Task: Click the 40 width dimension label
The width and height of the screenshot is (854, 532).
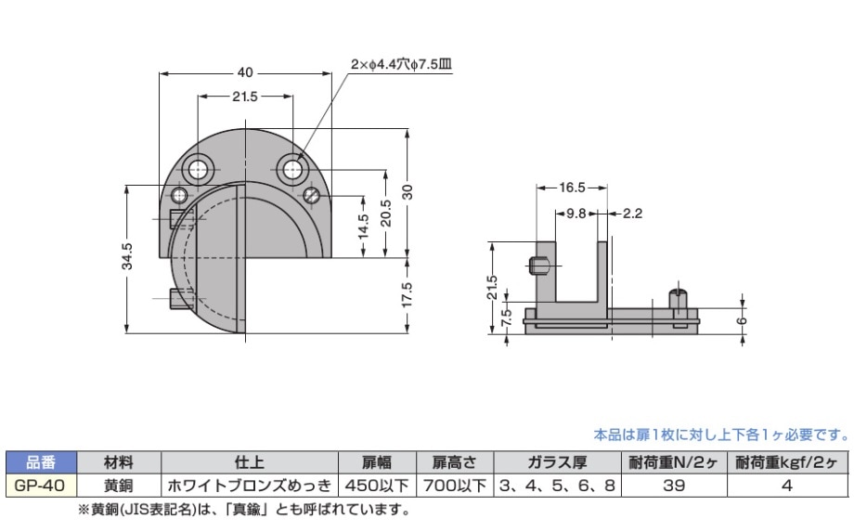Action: [245, 72]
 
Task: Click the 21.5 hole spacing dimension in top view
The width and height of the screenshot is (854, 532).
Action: [245, 96]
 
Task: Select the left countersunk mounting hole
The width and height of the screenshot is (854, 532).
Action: [199, 169]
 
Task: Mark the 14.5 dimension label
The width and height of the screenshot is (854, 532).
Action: [363, 227]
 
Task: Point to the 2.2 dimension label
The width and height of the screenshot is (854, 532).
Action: [633, 213]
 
